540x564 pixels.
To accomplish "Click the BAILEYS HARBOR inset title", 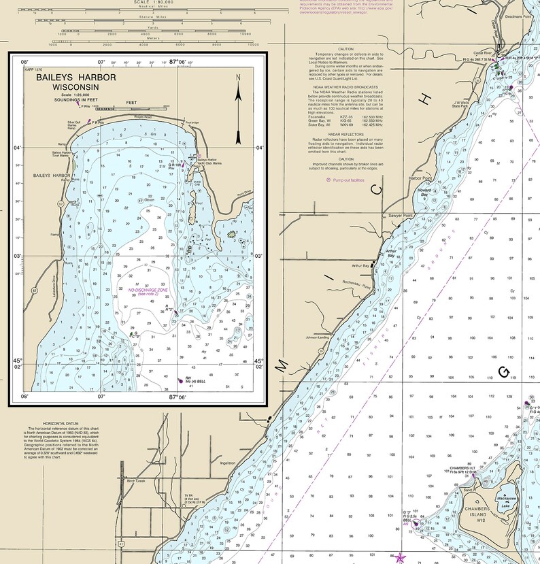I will click(67, 82).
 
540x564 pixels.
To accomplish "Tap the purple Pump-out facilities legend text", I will click(348, 180).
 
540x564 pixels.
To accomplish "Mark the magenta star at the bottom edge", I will click(400, 557).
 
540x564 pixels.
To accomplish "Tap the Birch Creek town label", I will click(136, 480).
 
